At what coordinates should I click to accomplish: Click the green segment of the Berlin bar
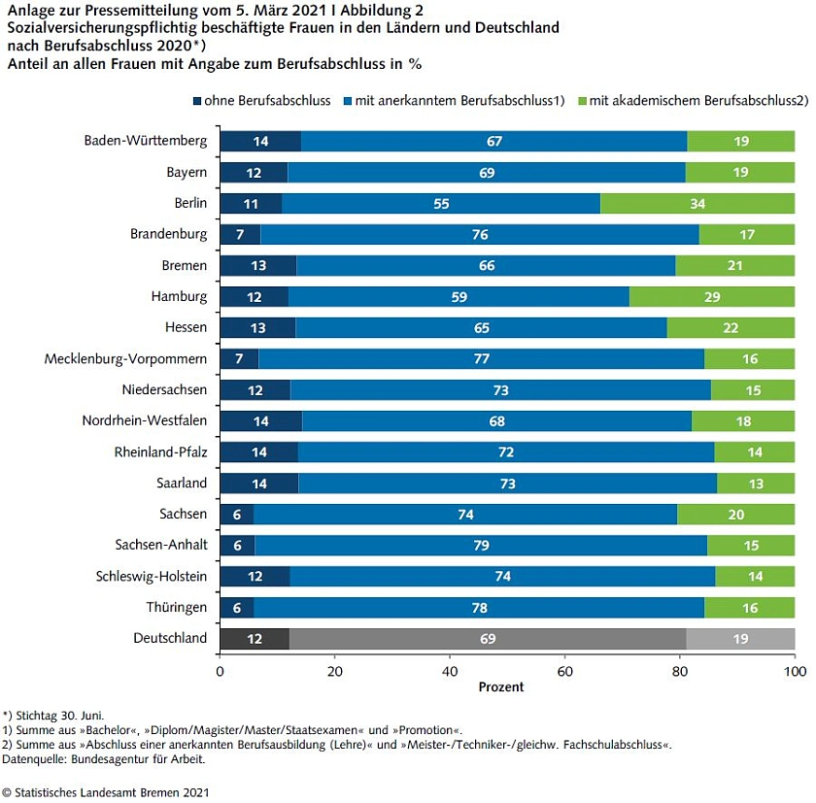(697, 204)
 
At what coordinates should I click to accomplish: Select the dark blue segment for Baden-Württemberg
(260, 141)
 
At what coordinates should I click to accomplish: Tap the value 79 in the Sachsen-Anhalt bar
(480, 546)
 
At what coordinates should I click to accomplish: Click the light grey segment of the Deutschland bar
(740, 638)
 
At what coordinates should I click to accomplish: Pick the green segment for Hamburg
(712, 296)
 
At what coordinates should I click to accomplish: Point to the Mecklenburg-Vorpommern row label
(125, 359)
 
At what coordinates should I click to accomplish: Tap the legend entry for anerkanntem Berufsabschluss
(459, 100)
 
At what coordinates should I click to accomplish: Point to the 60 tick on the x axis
(564, 671)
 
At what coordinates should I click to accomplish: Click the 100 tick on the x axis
(795, 671)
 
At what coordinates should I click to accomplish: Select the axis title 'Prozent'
(500, 687)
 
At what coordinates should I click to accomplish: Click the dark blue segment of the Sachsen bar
(236, 514)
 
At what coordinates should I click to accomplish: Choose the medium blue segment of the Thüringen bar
(478, 607)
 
